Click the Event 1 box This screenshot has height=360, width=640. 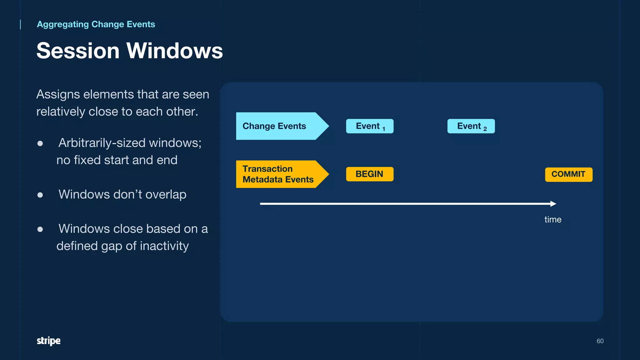(370, 126)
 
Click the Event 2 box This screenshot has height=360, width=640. (471, 126)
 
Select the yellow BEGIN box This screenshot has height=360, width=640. (370, 174)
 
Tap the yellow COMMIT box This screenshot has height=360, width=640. (568, 174)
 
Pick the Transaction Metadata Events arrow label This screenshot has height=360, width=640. (278, 174)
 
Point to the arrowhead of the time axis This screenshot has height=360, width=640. (553, 204)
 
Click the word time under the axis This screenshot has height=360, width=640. (553, 219)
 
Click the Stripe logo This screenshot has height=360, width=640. (48, 341)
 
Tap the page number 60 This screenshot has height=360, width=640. (600, 341)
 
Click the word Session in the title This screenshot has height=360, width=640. (78, 51)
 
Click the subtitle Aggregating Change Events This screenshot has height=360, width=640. (96, 24)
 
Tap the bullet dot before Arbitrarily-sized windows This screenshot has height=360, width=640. (40, 143)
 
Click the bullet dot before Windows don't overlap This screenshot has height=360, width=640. (40, 195)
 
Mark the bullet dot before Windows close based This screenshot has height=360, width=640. (40, 229)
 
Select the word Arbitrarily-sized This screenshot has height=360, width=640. (102, 143)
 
